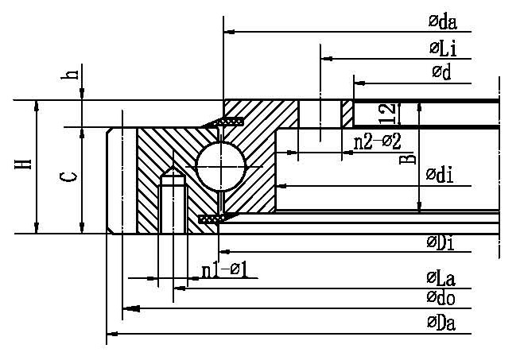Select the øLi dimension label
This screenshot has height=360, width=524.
click(443, 49)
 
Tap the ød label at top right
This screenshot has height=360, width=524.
click(442, 72)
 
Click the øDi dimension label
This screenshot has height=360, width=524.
click(440, 242)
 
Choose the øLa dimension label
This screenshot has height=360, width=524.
click(440, 278)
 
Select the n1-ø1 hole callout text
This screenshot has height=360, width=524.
click(224, 270)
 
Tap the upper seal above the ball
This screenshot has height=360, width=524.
click(229, 122)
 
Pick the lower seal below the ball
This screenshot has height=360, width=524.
click(211, 218)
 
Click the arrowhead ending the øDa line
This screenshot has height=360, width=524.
click(112, 333)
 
